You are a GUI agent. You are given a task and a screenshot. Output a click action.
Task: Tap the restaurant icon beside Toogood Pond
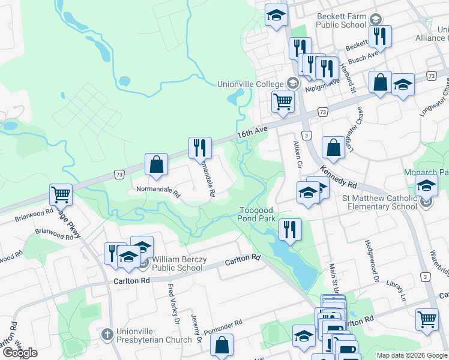tap(290, 229)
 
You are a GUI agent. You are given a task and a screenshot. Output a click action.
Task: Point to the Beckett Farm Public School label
tap(340, 20)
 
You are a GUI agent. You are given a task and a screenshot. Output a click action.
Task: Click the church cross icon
tap(107, 334)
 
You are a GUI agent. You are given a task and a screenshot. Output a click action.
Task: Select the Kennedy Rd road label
tap(339, 176)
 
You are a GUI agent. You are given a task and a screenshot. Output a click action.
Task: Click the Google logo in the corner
tap(20, 353)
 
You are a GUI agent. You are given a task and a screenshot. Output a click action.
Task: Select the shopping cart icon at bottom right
tap(427, 319)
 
